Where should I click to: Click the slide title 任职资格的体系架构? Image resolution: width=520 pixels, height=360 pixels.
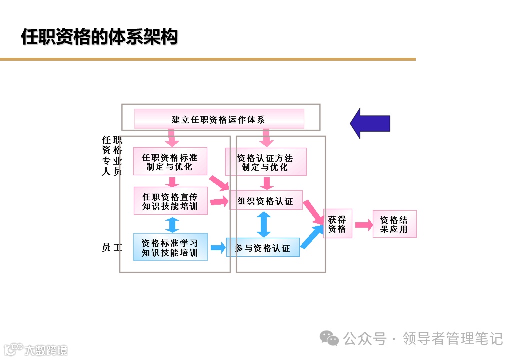pos(99,37)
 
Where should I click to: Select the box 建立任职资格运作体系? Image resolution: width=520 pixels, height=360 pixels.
pos(219,119)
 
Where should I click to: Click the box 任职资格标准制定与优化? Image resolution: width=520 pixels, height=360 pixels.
pos(170,161)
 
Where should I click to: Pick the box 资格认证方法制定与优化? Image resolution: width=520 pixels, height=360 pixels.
pos(265,162)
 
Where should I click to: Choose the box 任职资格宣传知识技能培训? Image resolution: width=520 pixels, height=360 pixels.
pos(170,201)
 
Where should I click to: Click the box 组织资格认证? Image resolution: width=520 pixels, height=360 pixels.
pos(266,201)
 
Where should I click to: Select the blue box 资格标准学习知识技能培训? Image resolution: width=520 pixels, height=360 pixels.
pos(170,247)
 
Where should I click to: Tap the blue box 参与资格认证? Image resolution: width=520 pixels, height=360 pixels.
pos(263,247)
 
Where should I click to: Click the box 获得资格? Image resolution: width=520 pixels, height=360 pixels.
pos(337,224)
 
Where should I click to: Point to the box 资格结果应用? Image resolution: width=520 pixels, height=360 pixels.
pos(394,224)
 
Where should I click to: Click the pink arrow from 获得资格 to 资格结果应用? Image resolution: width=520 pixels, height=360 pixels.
pos(364,225)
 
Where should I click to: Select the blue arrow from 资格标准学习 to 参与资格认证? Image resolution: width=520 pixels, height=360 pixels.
pos(217,247)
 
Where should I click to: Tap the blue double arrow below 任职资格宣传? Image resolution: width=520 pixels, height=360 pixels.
pos(172,224)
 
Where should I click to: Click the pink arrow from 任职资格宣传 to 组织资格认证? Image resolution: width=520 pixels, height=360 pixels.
pos(219,201)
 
